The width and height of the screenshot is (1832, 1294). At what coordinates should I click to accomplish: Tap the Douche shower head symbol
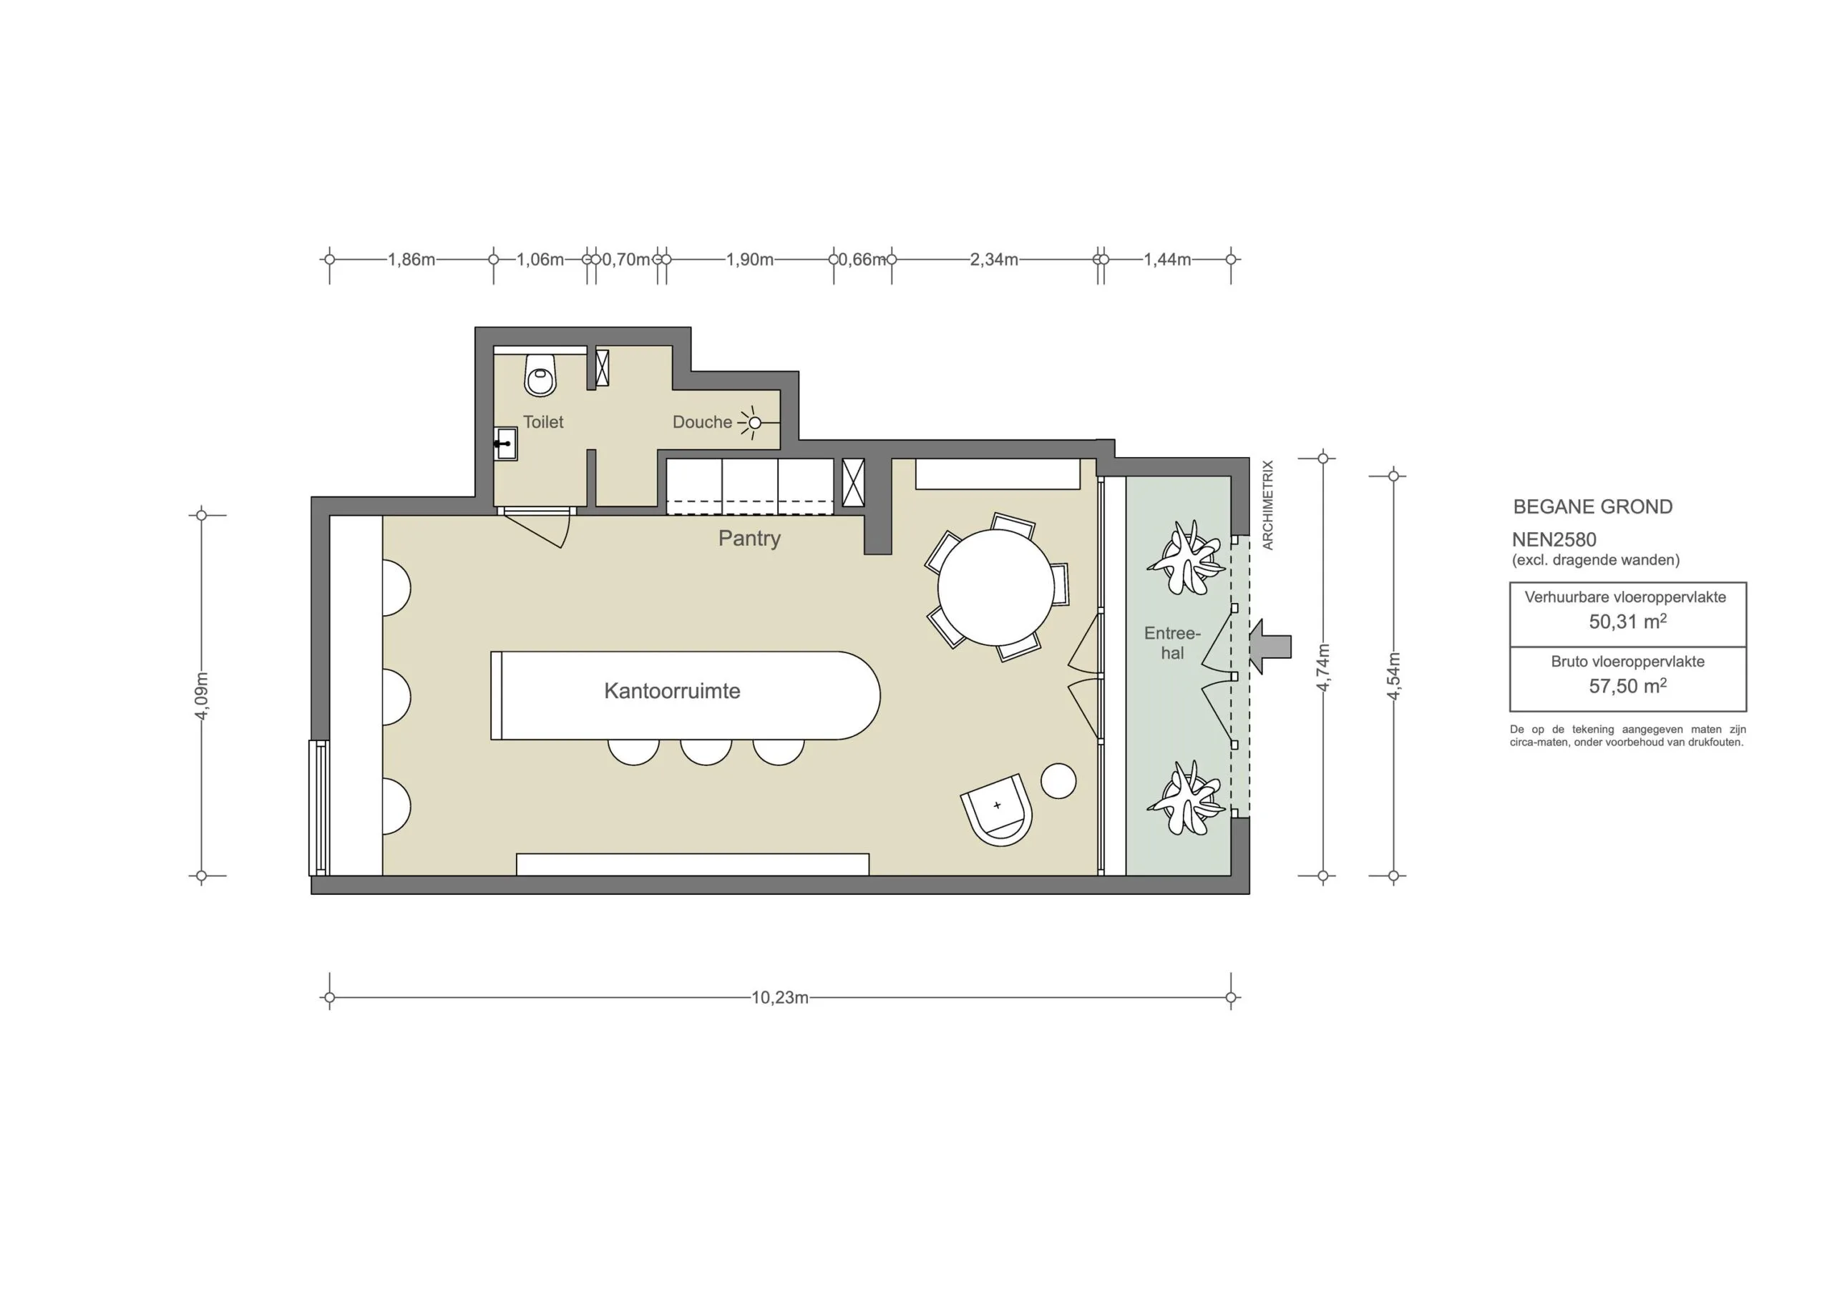pos(754,422)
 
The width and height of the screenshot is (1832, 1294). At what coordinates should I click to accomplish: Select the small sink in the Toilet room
pos(505,443)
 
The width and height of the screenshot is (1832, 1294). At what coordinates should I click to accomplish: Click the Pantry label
pos(749,538)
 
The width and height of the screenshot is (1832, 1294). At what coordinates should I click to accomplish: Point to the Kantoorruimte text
pos(672,691)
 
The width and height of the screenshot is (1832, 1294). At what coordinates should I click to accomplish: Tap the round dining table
pos(995,587)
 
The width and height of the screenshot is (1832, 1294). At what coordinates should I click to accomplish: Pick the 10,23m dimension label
pos(779,997)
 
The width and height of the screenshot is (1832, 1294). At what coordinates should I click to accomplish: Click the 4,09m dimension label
pos(202,696)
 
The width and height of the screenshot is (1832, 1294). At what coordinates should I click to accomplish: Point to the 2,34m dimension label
pos(993,259)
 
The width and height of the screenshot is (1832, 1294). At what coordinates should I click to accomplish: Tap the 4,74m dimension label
pos(1323,667)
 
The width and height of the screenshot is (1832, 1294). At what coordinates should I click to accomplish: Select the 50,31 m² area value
pos(1627,622)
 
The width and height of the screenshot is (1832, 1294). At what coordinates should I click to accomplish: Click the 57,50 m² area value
pos(1627,686)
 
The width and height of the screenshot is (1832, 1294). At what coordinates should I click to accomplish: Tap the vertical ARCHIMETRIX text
pos(1268,504)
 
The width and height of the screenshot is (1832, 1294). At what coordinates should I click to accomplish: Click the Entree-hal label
pos(1171,643)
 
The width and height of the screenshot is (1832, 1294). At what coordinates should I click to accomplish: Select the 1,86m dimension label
pos(411,259)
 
